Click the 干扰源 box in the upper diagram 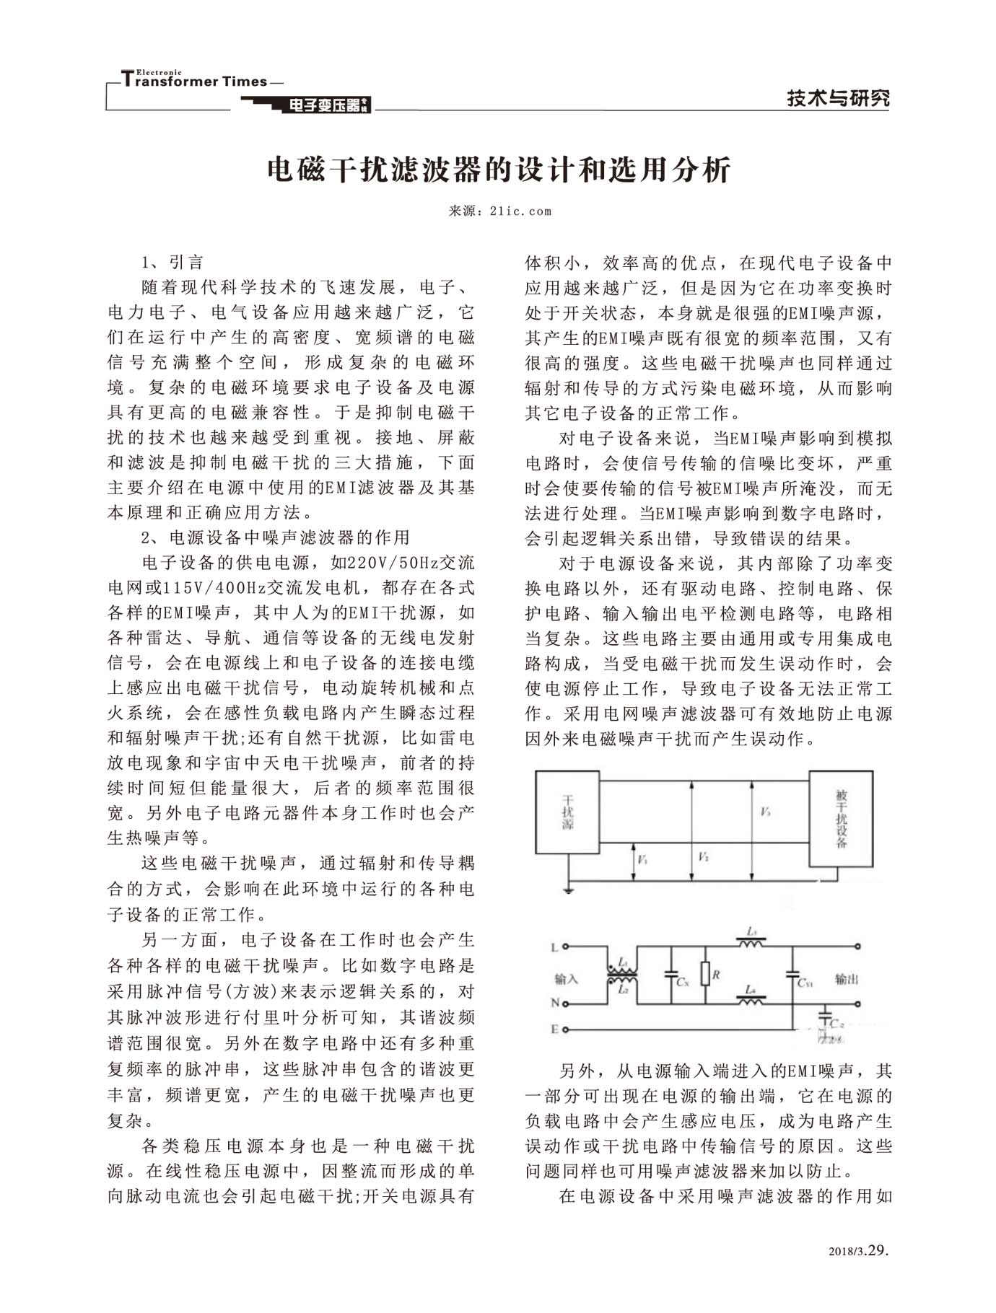pos(567,812)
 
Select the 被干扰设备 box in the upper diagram pos(841,818)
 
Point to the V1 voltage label pos(642,861)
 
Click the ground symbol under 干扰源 pos(569,890)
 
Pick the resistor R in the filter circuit pos(706,975)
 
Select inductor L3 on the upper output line pos(751,941)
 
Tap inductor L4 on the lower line pos(751,999)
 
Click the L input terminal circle pos(566,947)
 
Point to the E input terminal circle pos(566,1029)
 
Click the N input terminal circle pos(566,1004)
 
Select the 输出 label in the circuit pos(847,979)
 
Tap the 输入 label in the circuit pos(567,979)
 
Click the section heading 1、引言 pos(172,262)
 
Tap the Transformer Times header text pos(195,81)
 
